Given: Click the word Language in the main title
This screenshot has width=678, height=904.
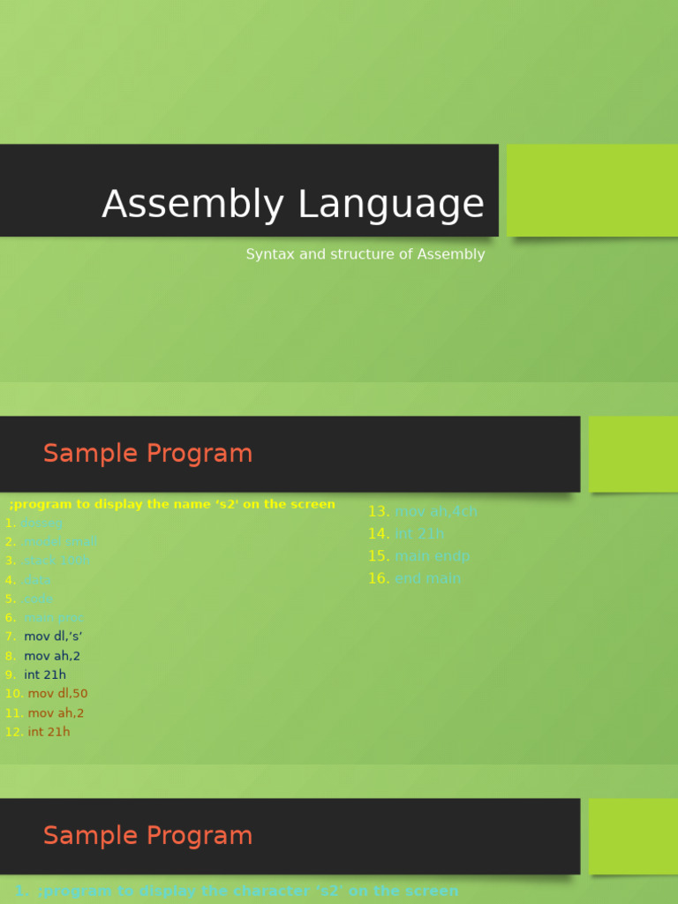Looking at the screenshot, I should pyautogui.click(x=390, y=205).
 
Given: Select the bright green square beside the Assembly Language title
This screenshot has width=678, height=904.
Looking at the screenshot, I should pyautogui.click(x=591, y=190).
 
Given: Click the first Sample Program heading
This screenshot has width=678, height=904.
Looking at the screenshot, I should pyautogui.click(x=147, y=454).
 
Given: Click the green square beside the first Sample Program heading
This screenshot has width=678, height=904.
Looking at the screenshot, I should pyautogui.click(x=632, y=454).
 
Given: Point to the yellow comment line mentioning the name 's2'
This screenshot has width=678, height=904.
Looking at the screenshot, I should pyautogui.click(x=172, y=504).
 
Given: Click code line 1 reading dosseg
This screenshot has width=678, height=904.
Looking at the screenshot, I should pyautogui.click(x=41, y=524).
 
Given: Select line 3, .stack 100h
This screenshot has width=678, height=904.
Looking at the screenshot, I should pyautogui.click(x=56, y=561).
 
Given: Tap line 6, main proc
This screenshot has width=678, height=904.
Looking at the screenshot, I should pyautogui.click(x=52, y=618).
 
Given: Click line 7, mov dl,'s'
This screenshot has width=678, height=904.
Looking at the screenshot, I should pyautogui.click(x=53, y=637).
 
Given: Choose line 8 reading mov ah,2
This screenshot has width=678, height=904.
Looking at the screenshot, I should pyautogui.click(x=52, y=656).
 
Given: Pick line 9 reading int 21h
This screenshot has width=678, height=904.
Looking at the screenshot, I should pyautogui.click(x=45, y=675).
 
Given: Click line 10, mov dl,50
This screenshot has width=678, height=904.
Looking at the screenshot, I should pyautogui.click(x=57, y=694).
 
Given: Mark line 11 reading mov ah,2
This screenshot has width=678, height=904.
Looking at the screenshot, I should pyautogui.click(x=56, y=713).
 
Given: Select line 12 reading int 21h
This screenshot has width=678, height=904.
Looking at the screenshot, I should pyautogui.click(x=49, y=732).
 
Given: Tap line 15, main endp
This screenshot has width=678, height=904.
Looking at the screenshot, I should pyautogui.click(x=432, y=556).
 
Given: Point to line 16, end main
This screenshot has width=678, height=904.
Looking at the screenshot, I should pyautogui.click(x=427, y=579).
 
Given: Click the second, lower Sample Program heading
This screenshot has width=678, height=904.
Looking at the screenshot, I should pyautogui.click(x=147, y=836).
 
